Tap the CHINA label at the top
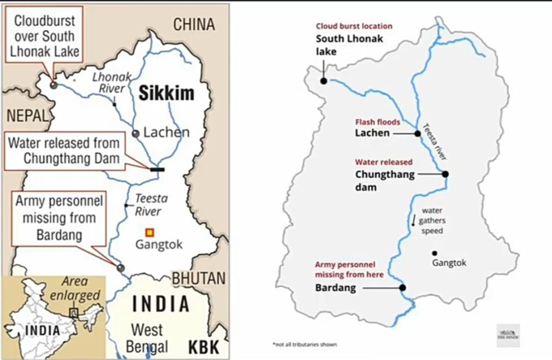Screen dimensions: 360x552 tap(194, 24)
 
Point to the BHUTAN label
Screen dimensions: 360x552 tap(198, 278)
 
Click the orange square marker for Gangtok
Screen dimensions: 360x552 tap(150, 232)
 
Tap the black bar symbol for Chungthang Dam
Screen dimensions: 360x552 tap(157, 169)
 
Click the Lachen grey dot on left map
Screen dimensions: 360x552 tap(136, 134)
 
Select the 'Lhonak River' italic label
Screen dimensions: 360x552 tap(112, 83)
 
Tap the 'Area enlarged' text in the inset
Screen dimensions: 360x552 tap(81, 288)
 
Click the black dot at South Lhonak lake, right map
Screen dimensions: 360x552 tap(323, 81)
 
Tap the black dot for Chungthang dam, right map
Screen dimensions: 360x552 tap(445, 174)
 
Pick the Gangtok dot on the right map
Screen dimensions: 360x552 tap(434, 253)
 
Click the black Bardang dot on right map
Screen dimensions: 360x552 tap(402, 288)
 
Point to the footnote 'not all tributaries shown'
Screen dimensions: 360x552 tap(304, 344)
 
